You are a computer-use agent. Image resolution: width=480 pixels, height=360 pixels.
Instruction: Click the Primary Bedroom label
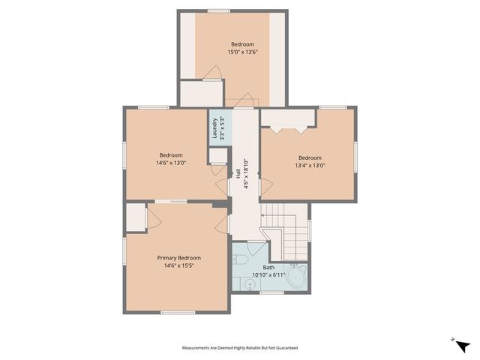(178, 258)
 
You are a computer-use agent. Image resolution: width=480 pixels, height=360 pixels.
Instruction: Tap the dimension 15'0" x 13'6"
(241, 52)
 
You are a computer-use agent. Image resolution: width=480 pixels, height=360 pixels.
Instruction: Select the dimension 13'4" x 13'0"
(309, 166)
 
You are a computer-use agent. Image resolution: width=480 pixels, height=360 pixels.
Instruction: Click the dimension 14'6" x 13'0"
(171, 163)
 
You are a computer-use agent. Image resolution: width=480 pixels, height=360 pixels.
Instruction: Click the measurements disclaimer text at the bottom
(240, 348)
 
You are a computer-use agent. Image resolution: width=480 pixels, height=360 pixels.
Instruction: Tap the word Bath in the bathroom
(268, 267)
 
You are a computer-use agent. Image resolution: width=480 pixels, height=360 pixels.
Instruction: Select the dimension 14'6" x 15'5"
(178, 266)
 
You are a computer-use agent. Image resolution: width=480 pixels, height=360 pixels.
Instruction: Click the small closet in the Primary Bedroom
(135, 217)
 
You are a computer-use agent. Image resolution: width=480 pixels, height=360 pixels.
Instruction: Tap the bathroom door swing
(256, 249)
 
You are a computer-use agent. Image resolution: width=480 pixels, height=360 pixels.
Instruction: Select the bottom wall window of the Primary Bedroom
(178, 312)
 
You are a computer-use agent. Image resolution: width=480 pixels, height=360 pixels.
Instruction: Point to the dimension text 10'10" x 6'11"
(268, 275)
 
